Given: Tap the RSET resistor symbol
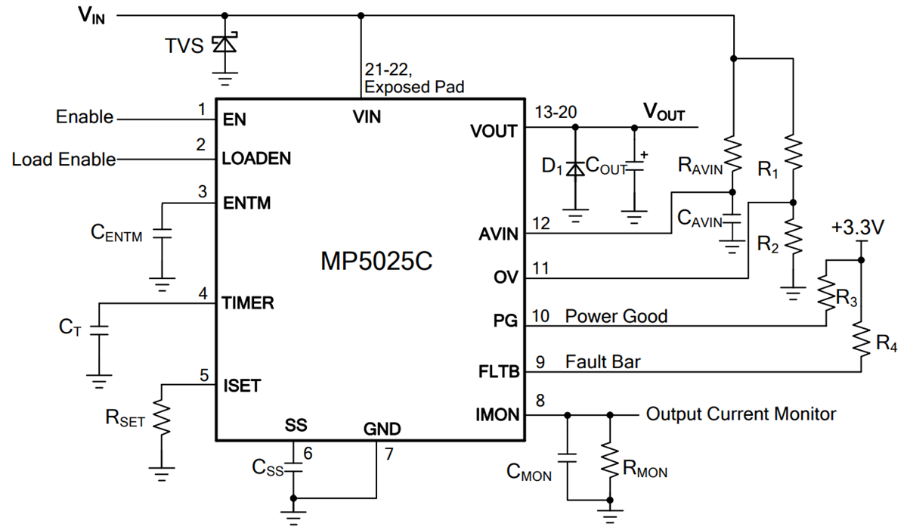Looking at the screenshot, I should [161, 418].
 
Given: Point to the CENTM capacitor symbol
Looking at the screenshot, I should [161, 234].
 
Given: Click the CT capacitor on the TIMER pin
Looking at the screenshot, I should [98, 330].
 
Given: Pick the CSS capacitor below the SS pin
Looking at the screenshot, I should [293, 468].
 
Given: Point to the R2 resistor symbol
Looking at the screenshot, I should [792, 235].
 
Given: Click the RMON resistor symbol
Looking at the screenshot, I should [610, 458].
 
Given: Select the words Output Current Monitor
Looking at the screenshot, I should [741, 414].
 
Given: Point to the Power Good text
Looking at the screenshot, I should [616, 316].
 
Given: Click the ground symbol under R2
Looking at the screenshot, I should [792, 292].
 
